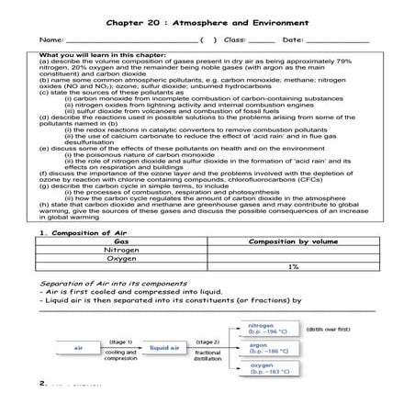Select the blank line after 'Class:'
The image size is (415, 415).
click(x=262, y=42)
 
